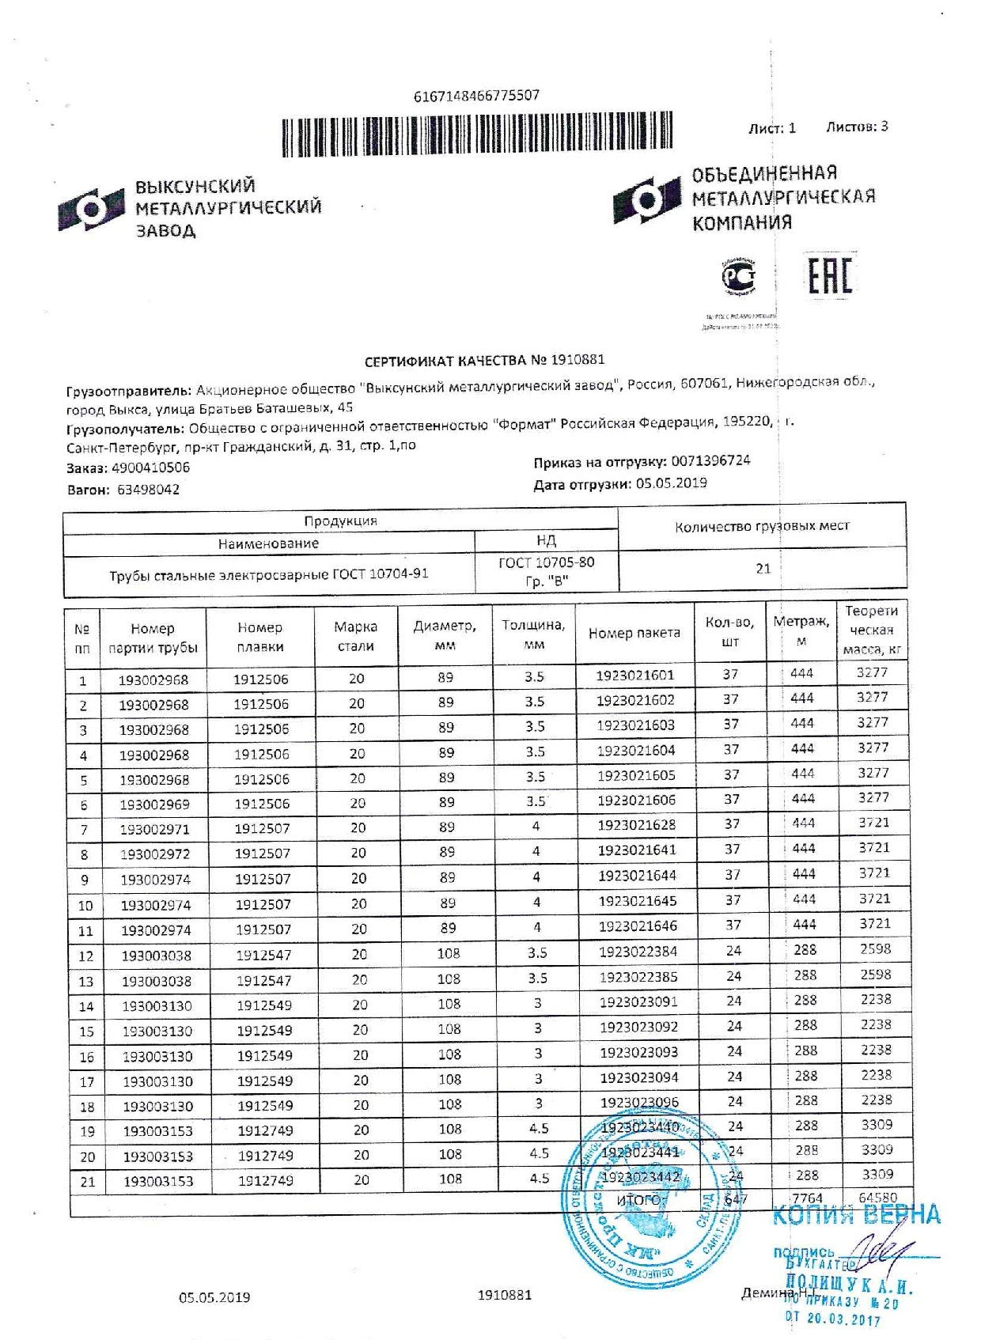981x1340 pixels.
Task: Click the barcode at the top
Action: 477,133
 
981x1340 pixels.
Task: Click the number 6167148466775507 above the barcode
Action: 476,96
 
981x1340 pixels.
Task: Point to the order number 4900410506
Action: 150,467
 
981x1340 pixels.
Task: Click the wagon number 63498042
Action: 148,490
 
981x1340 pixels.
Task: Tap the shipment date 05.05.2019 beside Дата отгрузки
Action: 671,483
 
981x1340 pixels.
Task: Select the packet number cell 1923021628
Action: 636,825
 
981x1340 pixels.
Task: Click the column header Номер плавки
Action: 259,637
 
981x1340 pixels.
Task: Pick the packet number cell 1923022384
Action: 638,952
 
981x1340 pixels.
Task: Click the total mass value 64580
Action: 877,1198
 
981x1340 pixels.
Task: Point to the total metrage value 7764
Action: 807,1198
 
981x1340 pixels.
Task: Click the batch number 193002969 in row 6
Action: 154,804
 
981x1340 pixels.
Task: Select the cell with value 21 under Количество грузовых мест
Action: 763,569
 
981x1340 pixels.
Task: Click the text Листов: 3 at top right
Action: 856,127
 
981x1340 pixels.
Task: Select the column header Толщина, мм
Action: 533,634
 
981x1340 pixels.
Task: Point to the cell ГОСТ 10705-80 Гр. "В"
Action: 546,572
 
